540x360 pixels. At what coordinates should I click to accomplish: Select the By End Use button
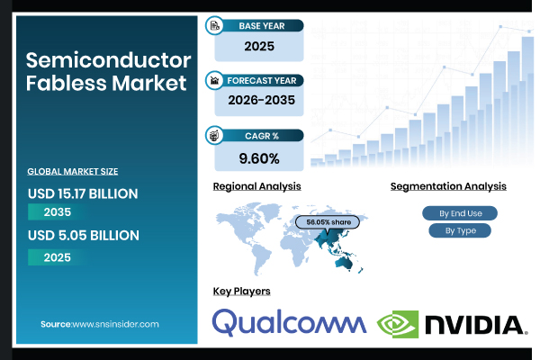[x=460, y=213]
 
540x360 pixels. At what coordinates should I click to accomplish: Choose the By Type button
[x=460, y=230]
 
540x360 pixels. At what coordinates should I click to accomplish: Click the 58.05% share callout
[x=328, y=221]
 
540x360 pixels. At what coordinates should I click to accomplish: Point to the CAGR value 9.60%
[x=258, y=158]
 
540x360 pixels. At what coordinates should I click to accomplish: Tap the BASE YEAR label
[x=262, y=25]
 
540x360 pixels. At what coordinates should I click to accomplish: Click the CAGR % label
[x=262, y=135]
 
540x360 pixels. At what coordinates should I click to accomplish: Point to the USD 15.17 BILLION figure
[x=83, y=193]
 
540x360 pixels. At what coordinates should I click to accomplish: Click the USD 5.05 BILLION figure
[x=83, y=236]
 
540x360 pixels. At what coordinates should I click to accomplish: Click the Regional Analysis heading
[x=256, y=186]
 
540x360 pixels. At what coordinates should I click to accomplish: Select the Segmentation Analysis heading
[x=448, y=186]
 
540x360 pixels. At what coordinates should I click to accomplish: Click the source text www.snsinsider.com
[x=115, y=323]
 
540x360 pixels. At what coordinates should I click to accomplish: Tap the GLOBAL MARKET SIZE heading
[x=73, y=170]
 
